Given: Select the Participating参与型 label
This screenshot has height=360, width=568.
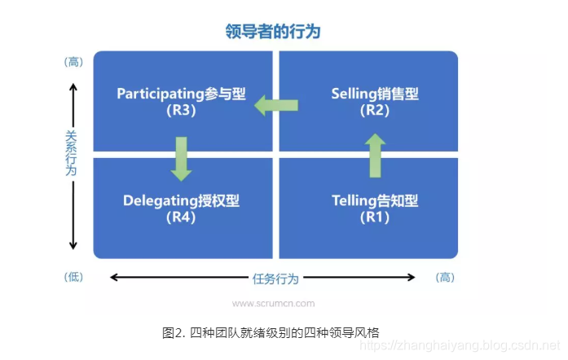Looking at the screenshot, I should click(181, 94).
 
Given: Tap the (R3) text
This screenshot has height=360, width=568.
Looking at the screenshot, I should click(181, 111).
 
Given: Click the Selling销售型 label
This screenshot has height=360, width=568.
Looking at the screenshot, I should click(375, 94).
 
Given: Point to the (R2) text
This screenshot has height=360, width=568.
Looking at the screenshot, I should click(375, 111).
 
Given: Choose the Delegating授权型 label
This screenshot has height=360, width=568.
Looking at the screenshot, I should click(181, 200).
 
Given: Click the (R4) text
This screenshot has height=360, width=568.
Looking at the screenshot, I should click(181, 217).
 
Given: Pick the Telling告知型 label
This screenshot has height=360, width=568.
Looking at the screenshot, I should click(375, 200).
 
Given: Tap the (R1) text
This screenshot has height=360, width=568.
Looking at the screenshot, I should click(375, 217).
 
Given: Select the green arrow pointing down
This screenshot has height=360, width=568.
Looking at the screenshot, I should click(181, 158).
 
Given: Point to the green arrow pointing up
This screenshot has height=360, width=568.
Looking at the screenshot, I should click(375, 156).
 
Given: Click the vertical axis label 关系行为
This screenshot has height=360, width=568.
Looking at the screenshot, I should click(72, 153).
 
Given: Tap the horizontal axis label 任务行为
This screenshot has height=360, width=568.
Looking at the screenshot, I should click(275, 279).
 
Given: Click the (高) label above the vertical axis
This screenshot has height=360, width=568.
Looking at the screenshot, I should click(73, 62).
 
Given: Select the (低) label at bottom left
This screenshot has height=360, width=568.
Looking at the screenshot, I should click(73, 277).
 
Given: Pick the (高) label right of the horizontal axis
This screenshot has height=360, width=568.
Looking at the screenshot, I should click(446, 278).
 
